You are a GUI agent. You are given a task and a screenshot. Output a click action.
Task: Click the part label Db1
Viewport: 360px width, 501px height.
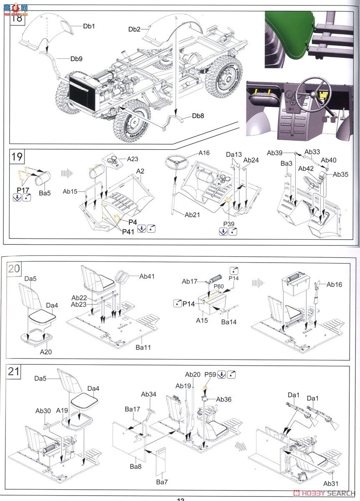[89, 26]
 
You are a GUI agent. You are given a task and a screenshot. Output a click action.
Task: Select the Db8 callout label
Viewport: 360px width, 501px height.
[198, 116]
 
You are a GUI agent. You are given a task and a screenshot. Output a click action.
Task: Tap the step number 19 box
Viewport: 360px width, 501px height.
[17, 157]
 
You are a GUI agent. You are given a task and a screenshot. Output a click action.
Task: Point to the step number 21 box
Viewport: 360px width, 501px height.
[14, 371]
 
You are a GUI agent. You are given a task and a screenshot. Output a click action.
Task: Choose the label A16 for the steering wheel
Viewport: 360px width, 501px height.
[204, 153]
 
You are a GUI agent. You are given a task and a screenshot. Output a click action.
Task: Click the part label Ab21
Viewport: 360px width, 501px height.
[192, 215]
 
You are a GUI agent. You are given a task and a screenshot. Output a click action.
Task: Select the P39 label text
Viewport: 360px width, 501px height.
[229, 224]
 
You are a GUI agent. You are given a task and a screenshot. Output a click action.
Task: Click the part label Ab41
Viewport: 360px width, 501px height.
[147, 276]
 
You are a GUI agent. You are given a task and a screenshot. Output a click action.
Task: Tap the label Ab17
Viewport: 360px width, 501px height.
[189, 281]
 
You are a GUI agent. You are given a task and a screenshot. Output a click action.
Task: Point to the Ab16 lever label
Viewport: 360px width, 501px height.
[334, 285]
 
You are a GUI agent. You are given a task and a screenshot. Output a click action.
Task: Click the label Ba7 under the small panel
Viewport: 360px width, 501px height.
[162, 482]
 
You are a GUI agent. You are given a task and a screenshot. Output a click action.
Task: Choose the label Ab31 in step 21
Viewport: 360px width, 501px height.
[330, 483]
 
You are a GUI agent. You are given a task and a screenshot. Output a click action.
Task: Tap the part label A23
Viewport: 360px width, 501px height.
[133, 159]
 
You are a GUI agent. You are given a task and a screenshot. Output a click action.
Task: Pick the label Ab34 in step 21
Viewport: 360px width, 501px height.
[149, 394]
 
